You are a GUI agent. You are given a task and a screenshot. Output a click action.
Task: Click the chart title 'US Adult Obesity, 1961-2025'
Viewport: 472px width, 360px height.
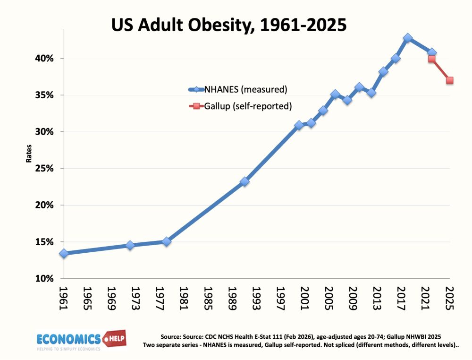(x=229, y=25)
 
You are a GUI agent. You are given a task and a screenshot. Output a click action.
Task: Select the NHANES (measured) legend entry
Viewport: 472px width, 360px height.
(x=238, y=89)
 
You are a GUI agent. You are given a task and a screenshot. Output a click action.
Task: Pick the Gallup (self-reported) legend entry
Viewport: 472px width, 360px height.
(x=240, y=106)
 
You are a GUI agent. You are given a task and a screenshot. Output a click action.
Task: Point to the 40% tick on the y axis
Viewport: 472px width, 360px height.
(x=44, y=59)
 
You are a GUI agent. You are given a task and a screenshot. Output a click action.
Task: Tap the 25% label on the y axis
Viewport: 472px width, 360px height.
(x=44, y=168)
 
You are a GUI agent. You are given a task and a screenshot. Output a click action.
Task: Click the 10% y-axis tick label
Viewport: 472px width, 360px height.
(x=44, y=279)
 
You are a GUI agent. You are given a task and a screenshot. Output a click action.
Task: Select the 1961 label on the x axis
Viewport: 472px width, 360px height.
(x=64, y=298)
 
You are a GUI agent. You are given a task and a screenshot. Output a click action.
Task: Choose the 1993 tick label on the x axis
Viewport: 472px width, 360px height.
(x=256, y=298)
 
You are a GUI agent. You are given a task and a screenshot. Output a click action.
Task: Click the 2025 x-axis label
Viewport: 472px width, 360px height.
(x=449, y=298)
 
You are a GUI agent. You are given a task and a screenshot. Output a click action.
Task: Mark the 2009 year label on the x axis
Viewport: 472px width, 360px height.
(x=353, y=298)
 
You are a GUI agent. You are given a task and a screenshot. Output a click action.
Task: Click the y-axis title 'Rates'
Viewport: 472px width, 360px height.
(x=29, y=154)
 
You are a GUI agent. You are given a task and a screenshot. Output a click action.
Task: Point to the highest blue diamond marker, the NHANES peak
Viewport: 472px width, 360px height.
(x=408, y=38)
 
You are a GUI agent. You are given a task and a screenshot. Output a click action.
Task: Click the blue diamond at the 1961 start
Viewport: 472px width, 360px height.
(x=64, y=254)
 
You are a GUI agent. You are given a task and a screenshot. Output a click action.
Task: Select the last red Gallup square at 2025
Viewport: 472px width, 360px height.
(x=450, y=80)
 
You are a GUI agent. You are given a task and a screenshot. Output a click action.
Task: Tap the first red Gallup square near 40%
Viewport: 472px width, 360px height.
(x=432, y=59)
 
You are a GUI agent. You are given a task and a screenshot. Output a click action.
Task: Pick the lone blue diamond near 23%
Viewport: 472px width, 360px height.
(x=244, y=181)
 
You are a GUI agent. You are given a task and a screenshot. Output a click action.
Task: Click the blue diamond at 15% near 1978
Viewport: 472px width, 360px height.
(x=167, y=241)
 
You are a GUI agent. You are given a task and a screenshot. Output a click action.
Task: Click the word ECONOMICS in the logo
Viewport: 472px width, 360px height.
(x=68, y=339)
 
